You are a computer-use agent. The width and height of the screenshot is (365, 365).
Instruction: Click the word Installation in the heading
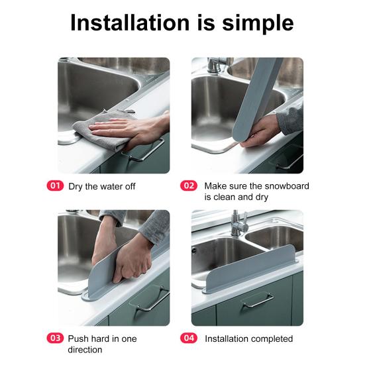(x=130, y=23)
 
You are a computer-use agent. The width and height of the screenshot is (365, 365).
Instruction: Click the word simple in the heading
(x=258, y=24)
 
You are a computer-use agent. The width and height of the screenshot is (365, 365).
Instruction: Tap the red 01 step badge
(x=55, y=185)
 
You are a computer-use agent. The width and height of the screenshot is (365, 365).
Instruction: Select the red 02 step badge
(x=189, y=185)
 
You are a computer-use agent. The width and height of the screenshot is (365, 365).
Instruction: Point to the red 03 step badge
(x=55, y=339)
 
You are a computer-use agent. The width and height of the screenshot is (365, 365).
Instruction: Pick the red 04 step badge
(x=189, y=339)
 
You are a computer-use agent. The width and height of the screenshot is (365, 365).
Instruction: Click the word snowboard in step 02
(x=287, y=186)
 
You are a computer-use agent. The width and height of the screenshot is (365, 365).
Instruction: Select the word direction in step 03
(x=85, y=350)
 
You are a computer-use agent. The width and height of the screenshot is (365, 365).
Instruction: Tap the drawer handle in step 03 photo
(x=151, y=300)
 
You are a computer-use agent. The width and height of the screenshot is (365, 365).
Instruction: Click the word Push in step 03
(x=78, y=339)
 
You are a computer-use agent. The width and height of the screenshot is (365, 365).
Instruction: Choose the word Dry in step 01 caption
(x=76, y=187)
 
